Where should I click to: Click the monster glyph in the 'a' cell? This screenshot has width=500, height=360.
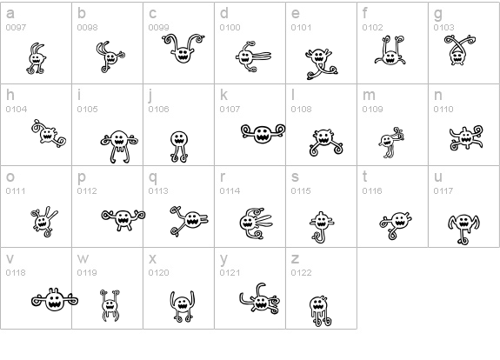[37, 58]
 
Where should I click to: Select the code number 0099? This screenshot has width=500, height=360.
[158, 28]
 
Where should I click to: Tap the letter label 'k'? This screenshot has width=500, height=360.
[223, 95]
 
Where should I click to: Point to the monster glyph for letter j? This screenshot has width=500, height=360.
[179, 146]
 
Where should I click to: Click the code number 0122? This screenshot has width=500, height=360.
[301, 273]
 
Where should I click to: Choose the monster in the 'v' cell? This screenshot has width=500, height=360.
[55, 300]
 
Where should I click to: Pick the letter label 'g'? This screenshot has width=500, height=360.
[438, 15]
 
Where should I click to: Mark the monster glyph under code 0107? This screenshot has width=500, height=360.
[263, 133]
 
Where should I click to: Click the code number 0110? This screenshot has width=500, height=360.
[443, 110]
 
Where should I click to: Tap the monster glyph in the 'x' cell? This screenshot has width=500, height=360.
[182, 306]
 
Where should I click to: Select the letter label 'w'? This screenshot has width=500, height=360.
[83, 258]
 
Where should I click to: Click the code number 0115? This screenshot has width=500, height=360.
[301, 191]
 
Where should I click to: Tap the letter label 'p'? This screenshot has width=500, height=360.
[82, 177]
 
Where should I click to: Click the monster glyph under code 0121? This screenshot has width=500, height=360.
[260, 298]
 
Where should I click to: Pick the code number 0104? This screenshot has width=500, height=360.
[17, 110]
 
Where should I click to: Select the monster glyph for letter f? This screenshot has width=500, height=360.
[390, 50]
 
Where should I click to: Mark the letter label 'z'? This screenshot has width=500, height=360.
[295, 258]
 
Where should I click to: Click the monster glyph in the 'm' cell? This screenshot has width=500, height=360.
[391, 143]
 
